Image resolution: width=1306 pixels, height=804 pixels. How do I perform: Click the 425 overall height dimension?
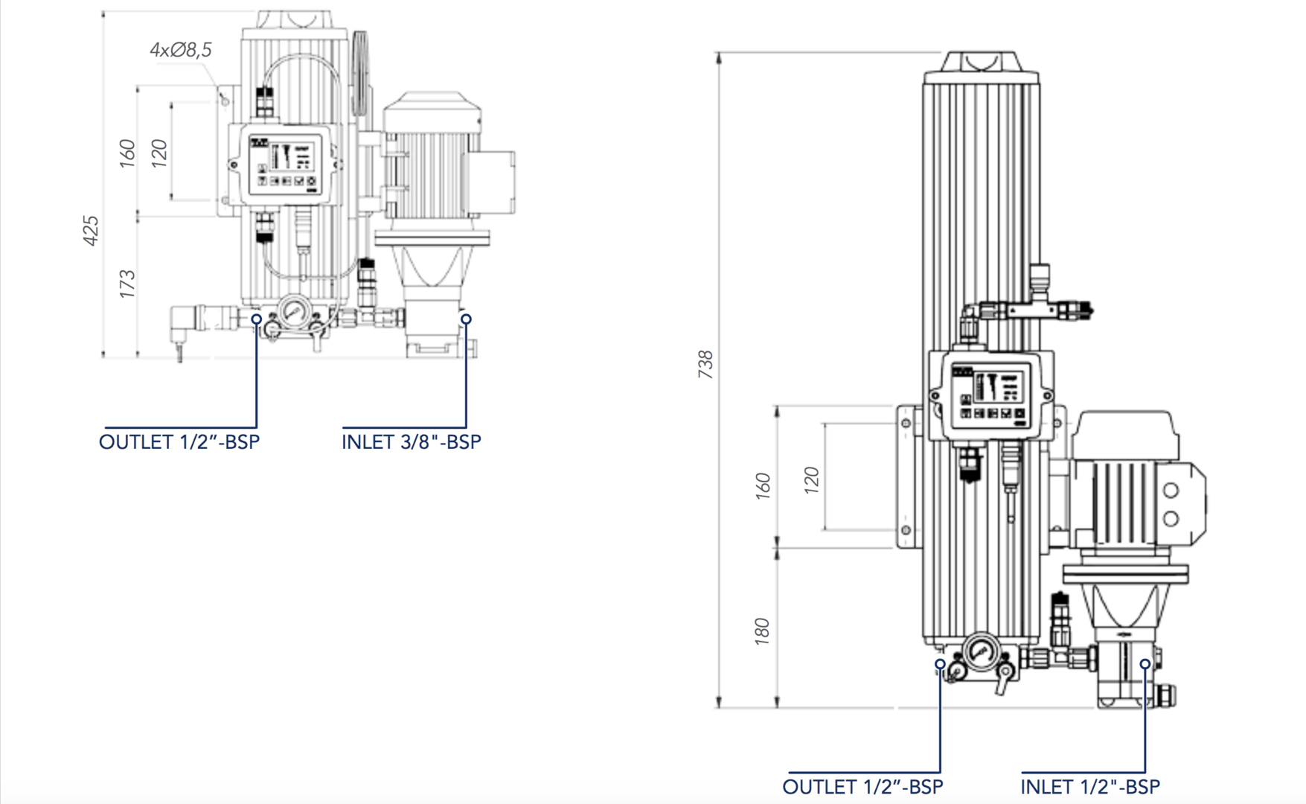[91, 231]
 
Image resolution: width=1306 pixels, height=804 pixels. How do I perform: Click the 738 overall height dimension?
[705, 365]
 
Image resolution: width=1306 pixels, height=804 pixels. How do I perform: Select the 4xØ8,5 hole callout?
[181, 50]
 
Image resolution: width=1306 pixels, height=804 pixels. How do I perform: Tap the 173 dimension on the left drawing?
[127, 284]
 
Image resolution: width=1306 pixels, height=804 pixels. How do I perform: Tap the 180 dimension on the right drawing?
[761, 631]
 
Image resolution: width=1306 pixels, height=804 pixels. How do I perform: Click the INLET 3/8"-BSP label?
[411, 442]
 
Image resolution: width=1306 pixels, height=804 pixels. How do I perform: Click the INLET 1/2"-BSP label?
[1089, 787]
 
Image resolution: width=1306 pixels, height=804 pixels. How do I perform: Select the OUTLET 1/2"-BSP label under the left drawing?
[179, 442]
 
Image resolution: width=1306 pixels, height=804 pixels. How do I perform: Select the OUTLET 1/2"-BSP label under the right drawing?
[862, 787]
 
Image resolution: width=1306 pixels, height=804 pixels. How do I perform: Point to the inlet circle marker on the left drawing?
[466, 319]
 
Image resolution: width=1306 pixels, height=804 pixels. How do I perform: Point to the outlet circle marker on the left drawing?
[256, 319]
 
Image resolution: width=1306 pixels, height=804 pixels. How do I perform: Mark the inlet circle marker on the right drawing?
[1145, 663]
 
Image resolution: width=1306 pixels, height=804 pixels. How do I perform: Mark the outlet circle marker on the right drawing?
[941, 663]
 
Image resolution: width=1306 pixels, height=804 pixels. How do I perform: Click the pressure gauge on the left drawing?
[294, 310]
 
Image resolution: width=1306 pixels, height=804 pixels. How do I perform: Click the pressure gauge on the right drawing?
[982, 651]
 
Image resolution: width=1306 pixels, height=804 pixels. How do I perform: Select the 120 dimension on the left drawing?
[159, 153]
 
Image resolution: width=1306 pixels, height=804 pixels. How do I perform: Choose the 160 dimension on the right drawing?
[763, 485]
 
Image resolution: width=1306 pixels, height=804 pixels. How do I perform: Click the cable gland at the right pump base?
[1166, 696]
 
